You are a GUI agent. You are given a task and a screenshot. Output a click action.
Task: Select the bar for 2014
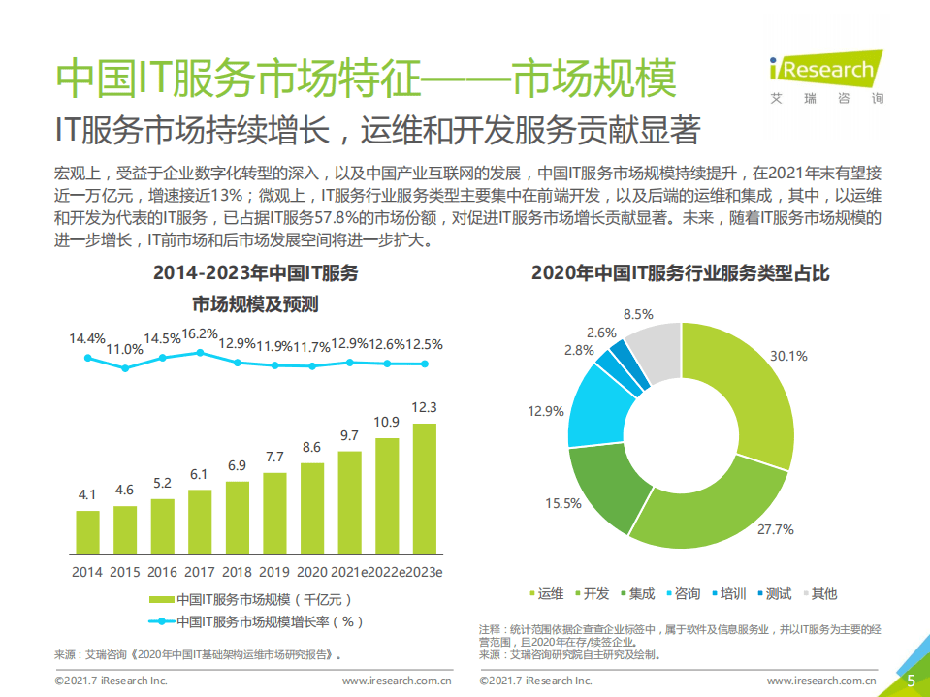[x=87, y=531]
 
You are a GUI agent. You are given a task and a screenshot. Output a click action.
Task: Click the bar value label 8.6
[x=311, y=447]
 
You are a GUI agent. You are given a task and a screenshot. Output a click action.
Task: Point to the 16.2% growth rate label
[x=200, y=333]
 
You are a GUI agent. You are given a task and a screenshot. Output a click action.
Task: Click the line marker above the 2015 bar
[x=124, y=368]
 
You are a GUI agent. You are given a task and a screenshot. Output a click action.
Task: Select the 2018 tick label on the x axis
[x=237, y=572]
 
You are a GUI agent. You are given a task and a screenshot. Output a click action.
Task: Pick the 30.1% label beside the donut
[x=787, y=356]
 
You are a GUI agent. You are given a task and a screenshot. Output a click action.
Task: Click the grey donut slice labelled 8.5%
[x=656, y=346]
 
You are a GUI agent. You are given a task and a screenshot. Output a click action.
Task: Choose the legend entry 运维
[x=545, y=593]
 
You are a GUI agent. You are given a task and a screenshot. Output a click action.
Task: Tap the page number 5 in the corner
[x=911, y=681]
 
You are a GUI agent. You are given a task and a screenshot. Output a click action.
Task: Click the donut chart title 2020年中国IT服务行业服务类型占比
[x=680, y=274]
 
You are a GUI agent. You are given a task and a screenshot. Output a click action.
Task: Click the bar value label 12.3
[x=424, y=407]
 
